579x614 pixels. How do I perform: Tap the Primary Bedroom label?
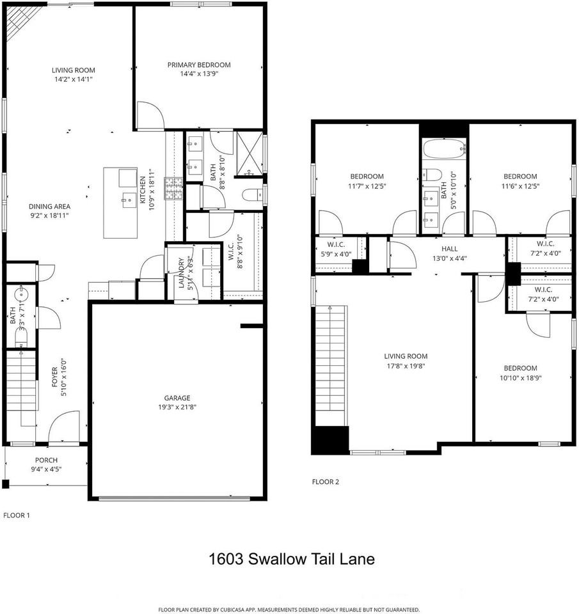point(199,65)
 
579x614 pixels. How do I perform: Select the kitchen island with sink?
point(122,203)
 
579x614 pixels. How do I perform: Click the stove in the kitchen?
point(173,189)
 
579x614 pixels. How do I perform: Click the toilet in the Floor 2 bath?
point(433,175)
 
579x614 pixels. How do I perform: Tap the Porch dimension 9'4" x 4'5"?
point(46,469)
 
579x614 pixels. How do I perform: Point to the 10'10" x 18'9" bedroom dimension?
point(520,378)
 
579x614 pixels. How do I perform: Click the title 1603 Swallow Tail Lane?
point(291,559)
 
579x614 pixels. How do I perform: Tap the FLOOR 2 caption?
point(325,482)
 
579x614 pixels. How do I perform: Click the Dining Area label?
point(49,207)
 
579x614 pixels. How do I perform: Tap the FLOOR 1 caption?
point(17,515)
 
